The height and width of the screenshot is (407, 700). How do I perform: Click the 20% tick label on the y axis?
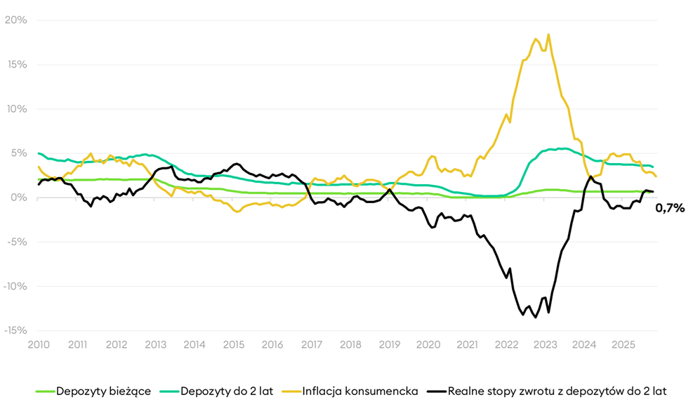click(15, 20)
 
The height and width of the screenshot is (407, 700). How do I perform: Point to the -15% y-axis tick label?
click(14, 330)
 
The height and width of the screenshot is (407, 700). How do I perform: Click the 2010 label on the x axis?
click(39, 345)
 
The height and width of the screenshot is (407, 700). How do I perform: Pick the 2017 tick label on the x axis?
click(311, 345)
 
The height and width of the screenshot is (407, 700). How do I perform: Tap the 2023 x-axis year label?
click(545, 345)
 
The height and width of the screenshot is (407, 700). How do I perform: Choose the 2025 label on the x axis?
click(622, 345)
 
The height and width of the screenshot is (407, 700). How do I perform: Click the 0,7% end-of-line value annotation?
click(669, 207)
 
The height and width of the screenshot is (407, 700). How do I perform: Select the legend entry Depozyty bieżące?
click(103, 391)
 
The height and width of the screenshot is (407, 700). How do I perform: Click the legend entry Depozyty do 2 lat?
click(227, 391)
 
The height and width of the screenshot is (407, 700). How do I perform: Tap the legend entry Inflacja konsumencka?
click(360, 391)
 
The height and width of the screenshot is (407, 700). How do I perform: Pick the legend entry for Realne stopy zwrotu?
click(557, 391)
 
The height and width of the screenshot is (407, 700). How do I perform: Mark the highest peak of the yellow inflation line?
click(548, 34)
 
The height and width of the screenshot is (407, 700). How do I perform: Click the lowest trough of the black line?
click(536, 318)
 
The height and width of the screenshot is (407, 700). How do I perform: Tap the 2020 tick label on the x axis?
click(428, 345)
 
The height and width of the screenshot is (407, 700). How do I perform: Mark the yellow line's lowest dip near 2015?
click(237, 212)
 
